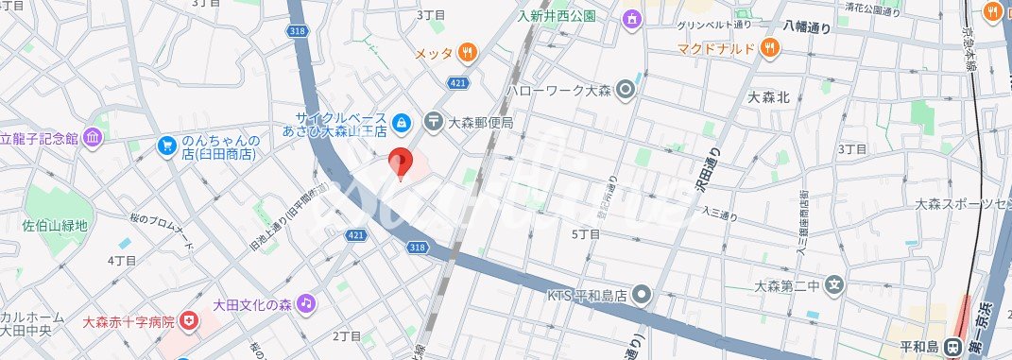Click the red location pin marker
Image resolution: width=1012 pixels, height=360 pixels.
pos(401,164)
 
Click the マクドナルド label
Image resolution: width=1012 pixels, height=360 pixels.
pos(715,47)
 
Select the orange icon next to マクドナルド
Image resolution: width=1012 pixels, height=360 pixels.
pos(770,46)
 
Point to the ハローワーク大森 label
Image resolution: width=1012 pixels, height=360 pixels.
pos(559,92)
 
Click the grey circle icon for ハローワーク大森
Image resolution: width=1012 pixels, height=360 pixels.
pos(625,92)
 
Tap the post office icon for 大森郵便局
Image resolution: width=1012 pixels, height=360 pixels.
pos(433,121)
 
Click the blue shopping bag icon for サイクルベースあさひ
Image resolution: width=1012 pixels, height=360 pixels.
pos(402,121)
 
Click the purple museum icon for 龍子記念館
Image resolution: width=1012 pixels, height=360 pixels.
pos(92,138)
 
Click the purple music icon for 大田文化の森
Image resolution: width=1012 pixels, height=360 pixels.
pos(305,303)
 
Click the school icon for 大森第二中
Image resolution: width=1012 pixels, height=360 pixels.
pos(833,283)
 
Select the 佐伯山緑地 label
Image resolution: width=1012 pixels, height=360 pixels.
pos(55,226)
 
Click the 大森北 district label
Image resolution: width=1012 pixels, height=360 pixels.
pos(767,96)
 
